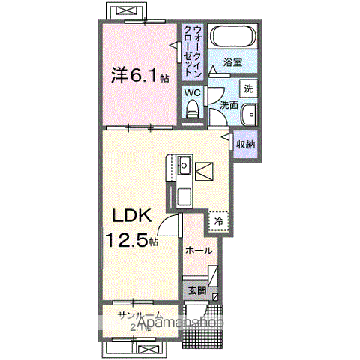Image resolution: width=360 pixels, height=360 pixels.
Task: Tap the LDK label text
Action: click(133, 217)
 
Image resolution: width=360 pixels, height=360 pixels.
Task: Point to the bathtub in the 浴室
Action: click(232, 38)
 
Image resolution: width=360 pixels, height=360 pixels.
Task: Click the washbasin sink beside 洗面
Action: click(250, 114)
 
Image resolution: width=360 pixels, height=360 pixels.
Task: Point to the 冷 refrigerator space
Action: click(218, 221)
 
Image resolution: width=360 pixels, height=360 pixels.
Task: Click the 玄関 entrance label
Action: click(197, 290)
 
